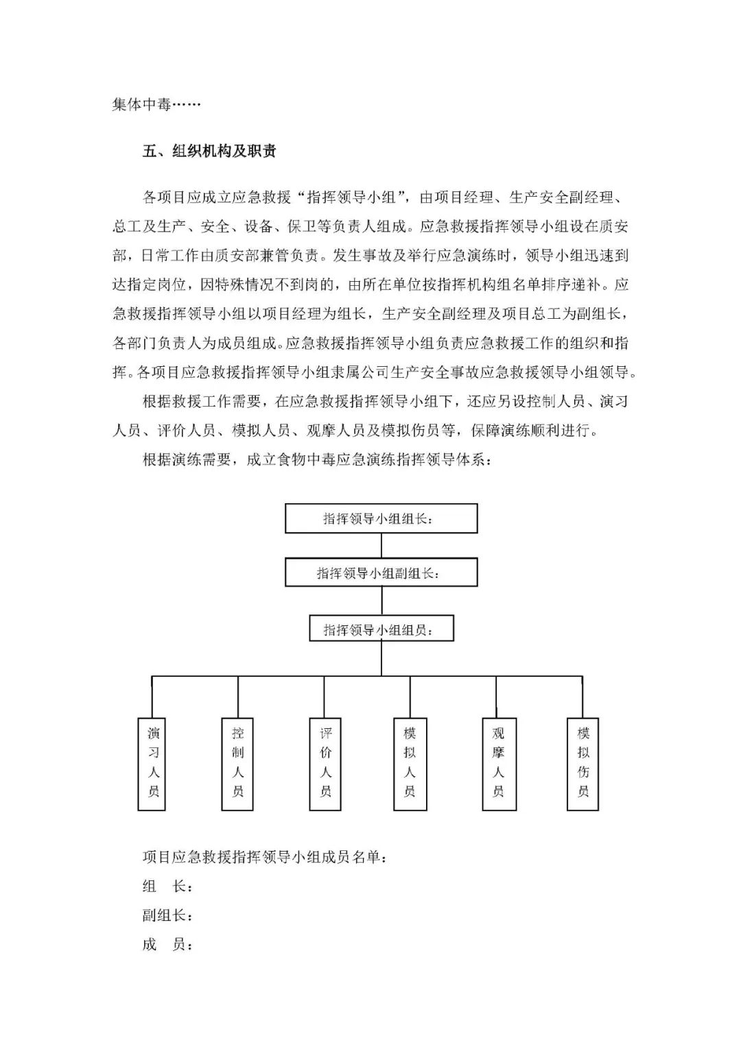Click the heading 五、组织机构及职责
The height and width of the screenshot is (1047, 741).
click(209, 152)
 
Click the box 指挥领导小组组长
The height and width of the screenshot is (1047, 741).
click(381, 518)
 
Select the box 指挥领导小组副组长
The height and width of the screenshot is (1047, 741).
click(381, 573)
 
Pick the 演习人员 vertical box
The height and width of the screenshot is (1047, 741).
click(152, 763)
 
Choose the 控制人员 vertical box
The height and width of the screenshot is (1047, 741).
click(238, 763)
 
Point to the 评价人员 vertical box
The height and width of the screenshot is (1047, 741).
click(325, 763)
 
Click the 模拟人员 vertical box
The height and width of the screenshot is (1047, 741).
click(410, 763)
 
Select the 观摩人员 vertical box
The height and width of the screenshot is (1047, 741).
click(498, 763)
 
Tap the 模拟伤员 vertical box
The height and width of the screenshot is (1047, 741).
click(583, 763)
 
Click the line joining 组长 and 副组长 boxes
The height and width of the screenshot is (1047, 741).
click(381, 546)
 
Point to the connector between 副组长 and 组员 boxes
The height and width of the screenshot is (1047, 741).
click(381, 601)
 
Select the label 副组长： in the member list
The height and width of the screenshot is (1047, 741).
click(167, 915)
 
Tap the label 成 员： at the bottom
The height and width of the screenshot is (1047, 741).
click(167, 945)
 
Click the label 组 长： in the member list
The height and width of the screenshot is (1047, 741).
click(167, 886)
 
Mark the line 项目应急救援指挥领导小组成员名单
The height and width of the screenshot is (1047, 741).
click(264, 856)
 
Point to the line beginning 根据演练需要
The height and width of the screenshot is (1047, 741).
click(316, 460)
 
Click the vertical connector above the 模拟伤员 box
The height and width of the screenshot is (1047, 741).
click(583, 697)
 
